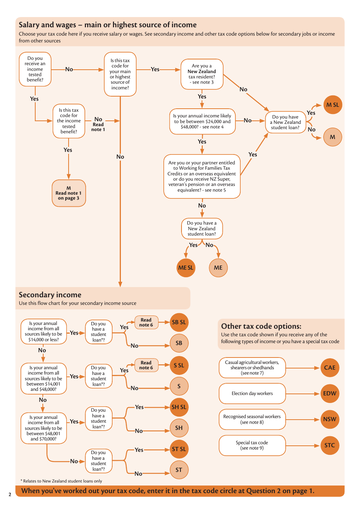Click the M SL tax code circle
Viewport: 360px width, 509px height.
332,105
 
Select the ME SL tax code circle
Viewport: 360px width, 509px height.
186,268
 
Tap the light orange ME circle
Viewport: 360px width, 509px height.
218,268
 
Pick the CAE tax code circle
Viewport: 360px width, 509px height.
330,368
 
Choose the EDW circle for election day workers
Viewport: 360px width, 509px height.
330,393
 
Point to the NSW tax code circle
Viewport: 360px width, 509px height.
330,419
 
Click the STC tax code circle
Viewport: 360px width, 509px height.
330,445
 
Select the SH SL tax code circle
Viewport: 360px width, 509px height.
179,407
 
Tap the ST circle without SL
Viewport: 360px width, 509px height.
179,470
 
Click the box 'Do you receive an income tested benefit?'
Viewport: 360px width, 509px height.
35,69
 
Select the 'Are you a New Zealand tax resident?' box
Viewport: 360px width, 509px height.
202,74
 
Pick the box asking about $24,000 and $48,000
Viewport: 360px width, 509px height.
202,121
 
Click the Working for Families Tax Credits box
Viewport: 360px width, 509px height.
202,176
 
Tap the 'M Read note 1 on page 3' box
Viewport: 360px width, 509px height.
69,193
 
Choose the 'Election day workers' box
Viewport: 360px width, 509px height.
252,393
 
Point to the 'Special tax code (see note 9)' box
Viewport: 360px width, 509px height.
252,445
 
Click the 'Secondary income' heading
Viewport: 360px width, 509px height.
50,295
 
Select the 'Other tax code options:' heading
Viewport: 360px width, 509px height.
261,326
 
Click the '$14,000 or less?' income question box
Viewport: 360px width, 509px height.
44,331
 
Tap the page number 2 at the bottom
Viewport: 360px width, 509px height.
10,495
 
